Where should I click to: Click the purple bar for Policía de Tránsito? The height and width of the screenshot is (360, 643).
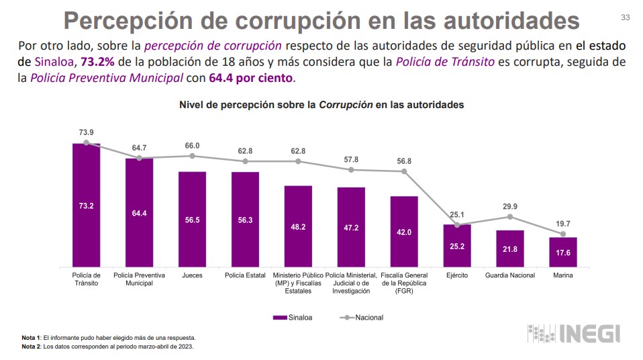pos(86,205)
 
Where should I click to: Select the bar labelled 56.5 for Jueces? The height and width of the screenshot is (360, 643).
pos(192,219)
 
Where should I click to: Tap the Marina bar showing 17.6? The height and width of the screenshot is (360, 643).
pos(563,253)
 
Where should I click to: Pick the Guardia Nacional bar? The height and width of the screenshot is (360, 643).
pos(510,249)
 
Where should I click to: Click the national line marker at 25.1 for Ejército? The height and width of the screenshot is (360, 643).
pos(457,224)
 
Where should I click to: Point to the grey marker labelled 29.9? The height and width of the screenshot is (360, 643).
pos(510,216)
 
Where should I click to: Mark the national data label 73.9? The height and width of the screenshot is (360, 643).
pos(86,132)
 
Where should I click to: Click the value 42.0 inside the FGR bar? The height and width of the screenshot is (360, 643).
pos(404,232)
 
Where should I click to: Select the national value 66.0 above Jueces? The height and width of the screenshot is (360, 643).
pos(192,145)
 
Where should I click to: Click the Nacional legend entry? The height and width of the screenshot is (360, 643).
pos(362,317)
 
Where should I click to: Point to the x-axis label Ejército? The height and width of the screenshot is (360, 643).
pos(457,275)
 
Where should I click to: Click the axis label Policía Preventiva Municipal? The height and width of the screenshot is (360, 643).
pos(139,279)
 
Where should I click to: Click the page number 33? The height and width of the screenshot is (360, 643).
pos(626,17)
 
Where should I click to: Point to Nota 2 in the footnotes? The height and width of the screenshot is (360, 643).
pos(32,347)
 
